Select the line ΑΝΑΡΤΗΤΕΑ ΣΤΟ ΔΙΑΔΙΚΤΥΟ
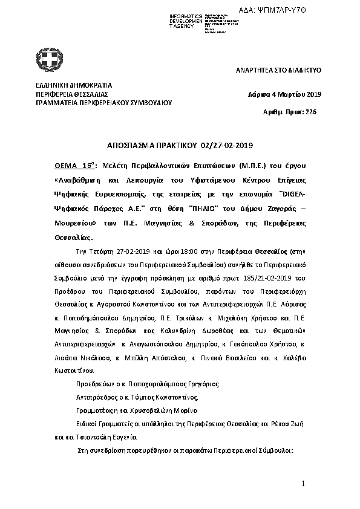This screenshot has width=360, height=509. coord(278,71)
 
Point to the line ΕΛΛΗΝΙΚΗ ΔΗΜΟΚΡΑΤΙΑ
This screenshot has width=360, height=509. coord(73,86)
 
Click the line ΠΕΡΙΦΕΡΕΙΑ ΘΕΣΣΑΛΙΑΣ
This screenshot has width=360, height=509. coord(71,94)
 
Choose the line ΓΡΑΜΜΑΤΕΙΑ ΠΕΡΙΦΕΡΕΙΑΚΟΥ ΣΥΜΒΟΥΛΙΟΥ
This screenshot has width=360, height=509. coord(103,103)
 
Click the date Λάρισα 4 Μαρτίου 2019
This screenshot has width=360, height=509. coord(285,94)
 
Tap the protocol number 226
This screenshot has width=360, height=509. coord(311,112)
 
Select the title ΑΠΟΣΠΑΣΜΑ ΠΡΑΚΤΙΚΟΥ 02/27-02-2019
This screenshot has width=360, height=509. coord(180,146)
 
